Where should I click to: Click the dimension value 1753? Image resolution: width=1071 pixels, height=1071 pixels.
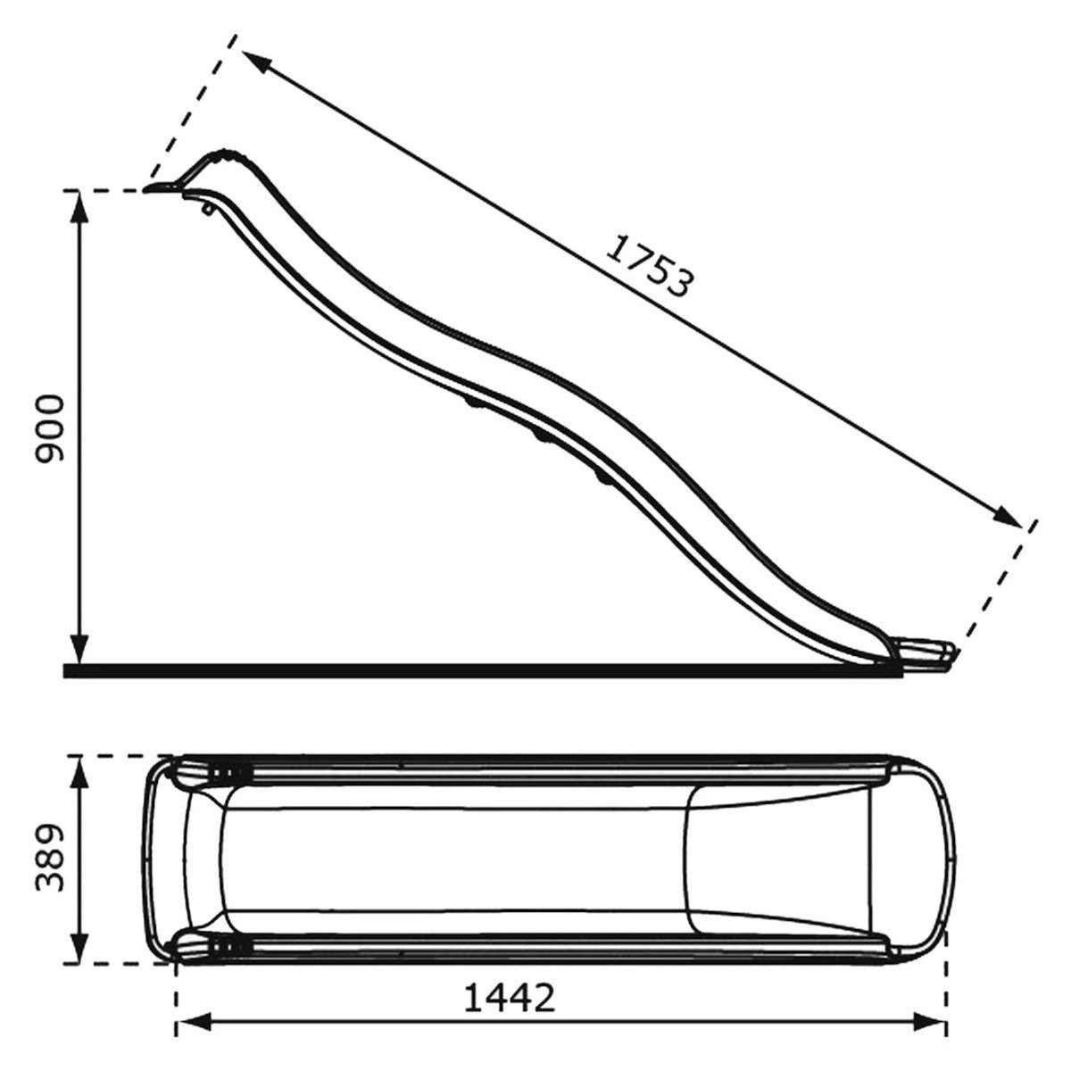tap(648, 266)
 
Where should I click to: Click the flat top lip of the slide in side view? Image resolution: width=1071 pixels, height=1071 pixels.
tap(162, 188)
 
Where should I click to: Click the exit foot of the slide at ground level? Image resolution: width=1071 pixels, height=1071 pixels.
tap(928, 651)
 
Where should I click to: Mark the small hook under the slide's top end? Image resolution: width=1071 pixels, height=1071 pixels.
tap(207, 209)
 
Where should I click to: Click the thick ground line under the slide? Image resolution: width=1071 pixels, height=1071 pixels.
tap(446, 669)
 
